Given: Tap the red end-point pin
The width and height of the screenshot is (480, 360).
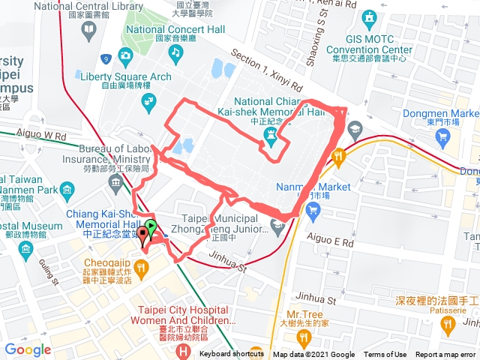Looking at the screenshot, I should pos(143,237).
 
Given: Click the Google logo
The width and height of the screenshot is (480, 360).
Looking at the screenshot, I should pos(28,349).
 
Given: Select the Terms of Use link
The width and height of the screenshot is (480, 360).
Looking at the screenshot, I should pos(385,355).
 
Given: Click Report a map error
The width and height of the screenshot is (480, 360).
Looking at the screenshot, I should pos(447,355).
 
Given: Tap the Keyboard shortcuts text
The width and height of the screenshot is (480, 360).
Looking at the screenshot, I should pos(226,355).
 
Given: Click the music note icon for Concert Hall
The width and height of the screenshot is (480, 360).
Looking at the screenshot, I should pos(175,52).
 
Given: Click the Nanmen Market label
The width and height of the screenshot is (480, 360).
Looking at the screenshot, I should pos(323,187).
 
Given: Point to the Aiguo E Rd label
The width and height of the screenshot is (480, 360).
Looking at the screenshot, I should pos(330,242).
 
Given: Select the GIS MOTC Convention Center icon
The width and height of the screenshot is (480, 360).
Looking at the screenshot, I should pos(368,18).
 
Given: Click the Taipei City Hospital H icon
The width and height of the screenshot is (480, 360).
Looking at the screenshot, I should pos(183,350).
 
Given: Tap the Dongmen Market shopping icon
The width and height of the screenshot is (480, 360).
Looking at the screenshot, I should pos(442,137).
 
